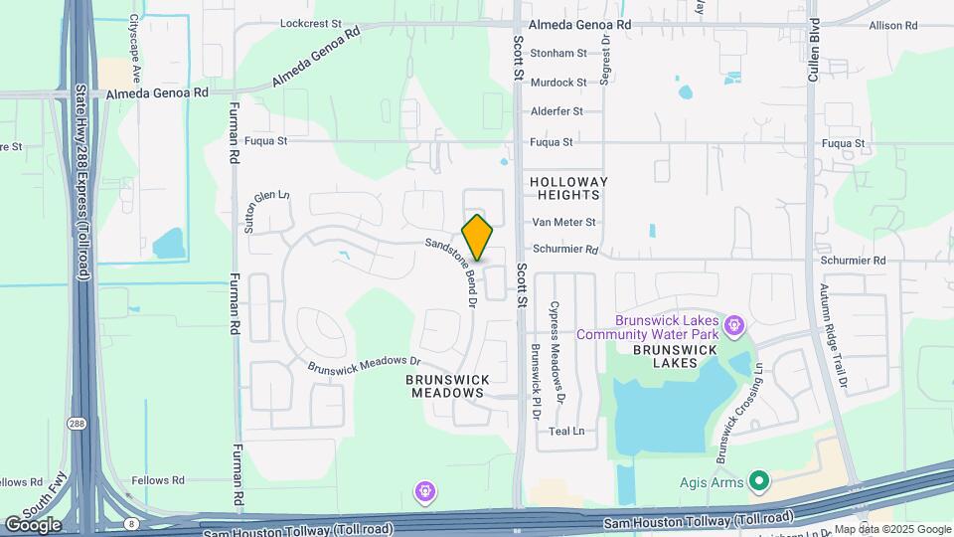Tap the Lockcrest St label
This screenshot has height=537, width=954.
pos(310,22)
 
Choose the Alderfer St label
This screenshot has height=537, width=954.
pos(556,111)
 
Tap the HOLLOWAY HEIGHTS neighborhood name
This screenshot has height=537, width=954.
pos(568,190)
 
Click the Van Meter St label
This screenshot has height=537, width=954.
pos(563,222)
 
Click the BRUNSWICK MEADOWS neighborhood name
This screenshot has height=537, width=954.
pos(447,386)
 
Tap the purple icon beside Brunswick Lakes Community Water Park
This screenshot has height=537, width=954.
pos(734,323)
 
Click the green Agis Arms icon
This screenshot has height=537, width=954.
pos(760,482)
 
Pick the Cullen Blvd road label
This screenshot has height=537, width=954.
pos(814,50)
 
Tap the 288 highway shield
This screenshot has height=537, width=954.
pos(77,425)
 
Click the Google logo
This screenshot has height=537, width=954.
pos(33,524)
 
